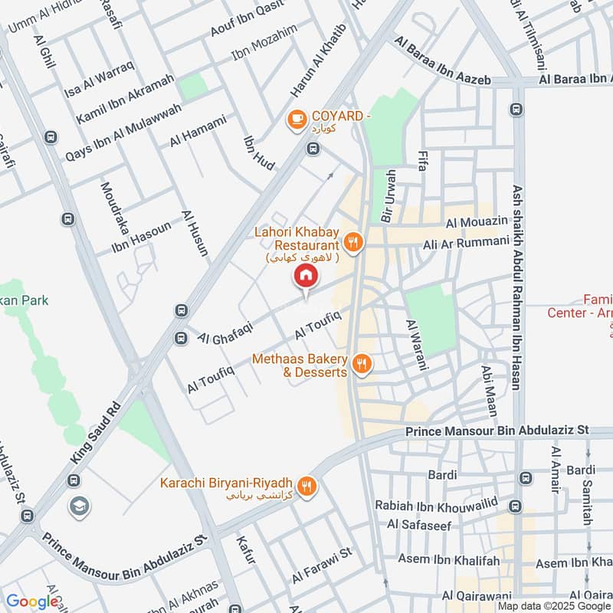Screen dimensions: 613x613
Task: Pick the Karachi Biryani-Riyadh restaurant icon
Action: (306, 486)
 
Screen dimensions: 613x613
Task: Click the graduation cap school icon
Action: (79, 506)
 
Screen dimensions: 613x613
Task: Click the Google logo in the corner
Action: (32, 602)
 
